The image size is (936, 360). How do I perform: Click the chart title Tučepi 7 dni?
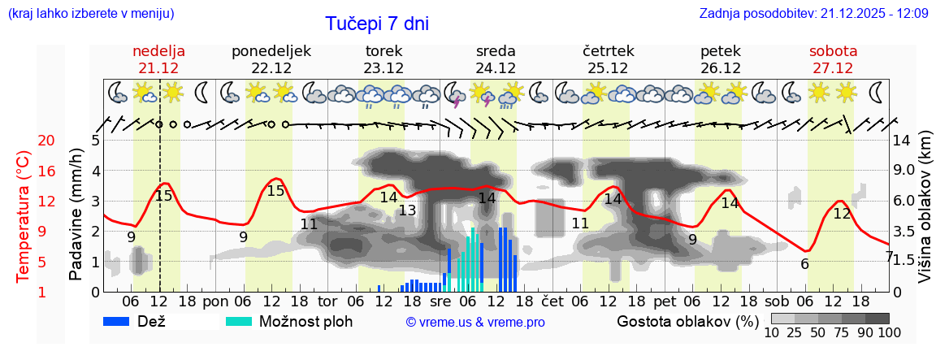(377, 24)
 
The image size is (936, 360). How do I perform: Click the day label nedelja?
(159, 51)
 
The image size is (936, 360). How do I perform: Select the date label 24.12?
(496, 68)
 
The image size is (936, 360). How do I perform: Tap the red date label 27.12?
(833, 68)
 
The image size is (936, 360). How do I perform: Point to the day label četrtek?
(608, 51)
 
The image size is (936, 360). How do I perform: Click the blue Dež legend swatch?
(122, 321)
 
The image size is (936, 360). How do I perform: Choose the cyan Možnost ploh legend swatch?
(239, 321)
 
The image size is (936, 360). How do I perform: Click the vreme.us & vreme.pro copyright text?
(475, 323)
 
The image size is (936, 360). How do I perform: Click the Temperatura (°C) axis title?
(24, 215)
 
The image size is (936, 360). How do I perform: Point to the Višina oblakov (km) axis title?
(925, 215)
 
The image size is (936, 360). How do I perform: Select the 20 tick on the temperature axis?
(24, 141)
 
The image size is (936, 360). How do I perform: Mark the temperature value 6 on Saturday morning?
(804, 264)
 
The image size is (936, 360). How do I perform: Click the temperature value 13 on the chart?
(407, 210)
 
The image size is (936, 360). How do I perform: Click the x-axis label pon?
(215, 300)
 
